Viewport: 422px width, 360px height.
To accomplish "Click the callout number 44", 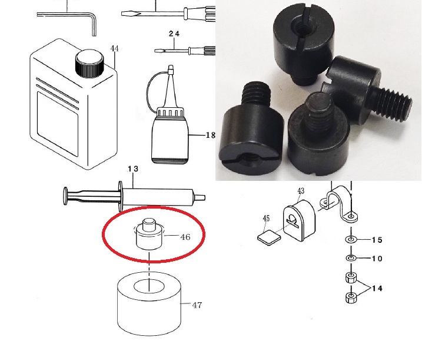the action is [x=114, y=48].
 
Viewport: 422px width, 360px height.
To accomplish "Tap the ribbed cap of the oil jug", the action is [x=89, y=64].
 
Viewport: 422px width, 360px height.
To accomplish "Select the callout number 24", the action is [x=174, y=34].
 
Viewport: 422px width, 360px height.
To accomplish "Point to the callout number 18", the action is [x=211, y=135].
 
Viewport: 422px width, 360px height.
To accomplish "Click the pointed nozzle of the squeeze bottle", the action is [x=170, y=86].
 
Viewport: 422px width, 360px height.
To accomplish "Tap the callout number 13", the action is [x=133, y=169].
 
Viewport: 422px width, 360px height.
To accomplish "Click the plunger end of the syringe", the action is [x=66, y=196].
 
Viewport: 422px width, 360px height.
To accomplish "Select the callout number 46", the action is [x=185, y=237].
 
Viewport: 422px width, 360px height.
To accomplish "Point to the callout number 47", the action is [x=197, y=305].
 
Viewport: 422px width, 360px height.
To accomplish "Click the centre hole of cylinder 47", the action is [x=149, y=286].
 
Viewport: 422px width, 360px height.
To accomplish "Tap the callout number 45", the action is [x=266, y=218].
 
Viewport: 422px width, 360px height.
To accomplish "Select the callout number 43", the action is [x=301, y=191].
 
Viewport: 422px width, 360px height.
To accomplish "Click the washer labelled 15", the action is [x=351, y=239].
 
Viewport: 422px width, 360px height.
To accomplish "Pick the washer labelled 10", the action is [x=351, y=258].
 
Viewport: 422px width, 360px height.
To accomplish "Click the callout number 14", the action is [x=377, y=289].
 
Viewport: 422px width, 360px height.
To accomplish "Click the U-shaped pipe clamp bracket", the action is [x=338, y=202].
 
